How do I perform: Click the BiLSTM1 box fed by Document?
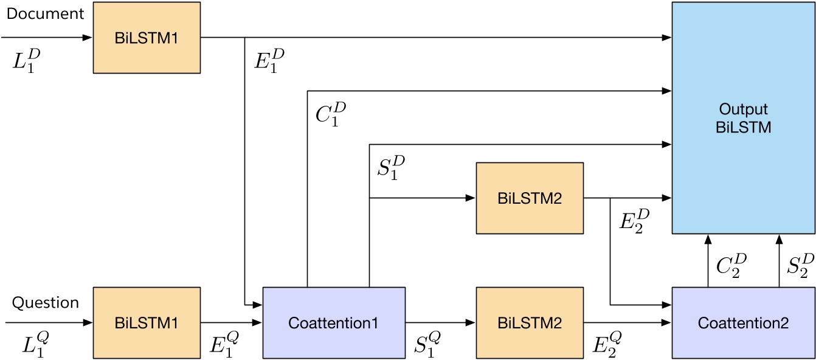click(x=147, y=38)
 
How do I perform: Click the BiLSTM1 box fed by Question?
click(x=147, y=323)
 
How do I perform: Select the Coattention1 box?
click(x=334, y=323)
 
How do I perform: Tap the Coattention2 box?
click(x=743, y=323)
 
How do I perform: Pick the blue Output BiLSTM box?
click(x=743, y=119)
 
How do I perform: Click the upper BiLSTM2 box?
click(x=529, y=198)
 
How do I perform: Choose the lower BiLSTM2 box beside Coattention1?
click(x=529, y=323)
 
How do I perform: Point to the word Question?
click(x=46, y=302)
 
